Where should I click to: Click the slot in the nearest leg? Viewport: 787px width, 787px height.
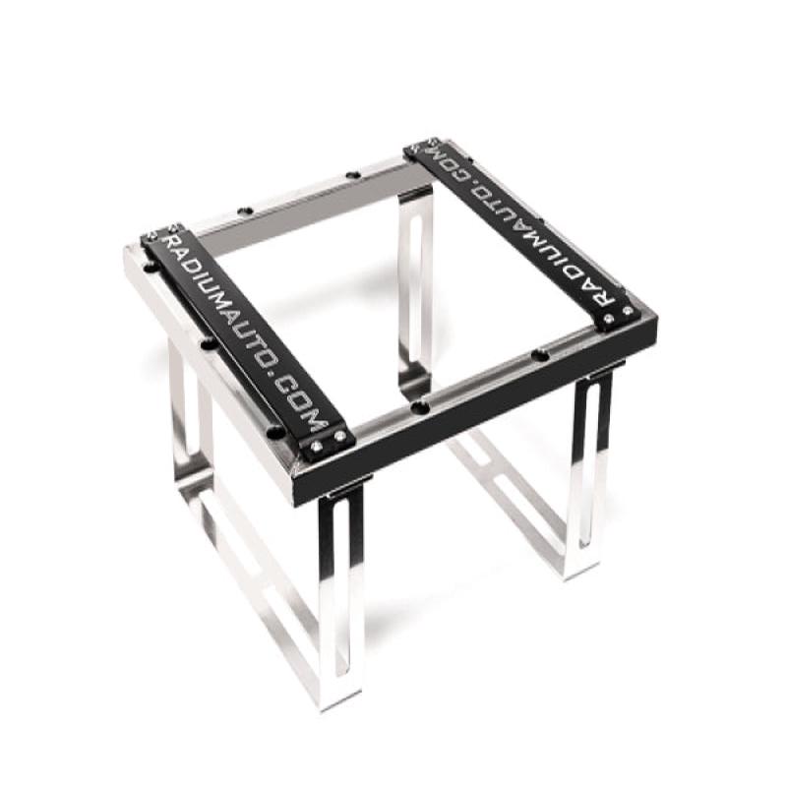tap(340, 590)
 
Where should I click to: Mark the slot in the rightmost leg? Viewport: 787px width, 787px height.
tap(588, 462)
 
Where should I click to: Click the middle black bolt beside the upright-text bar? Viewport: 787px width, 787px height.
tap(208, 343)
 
